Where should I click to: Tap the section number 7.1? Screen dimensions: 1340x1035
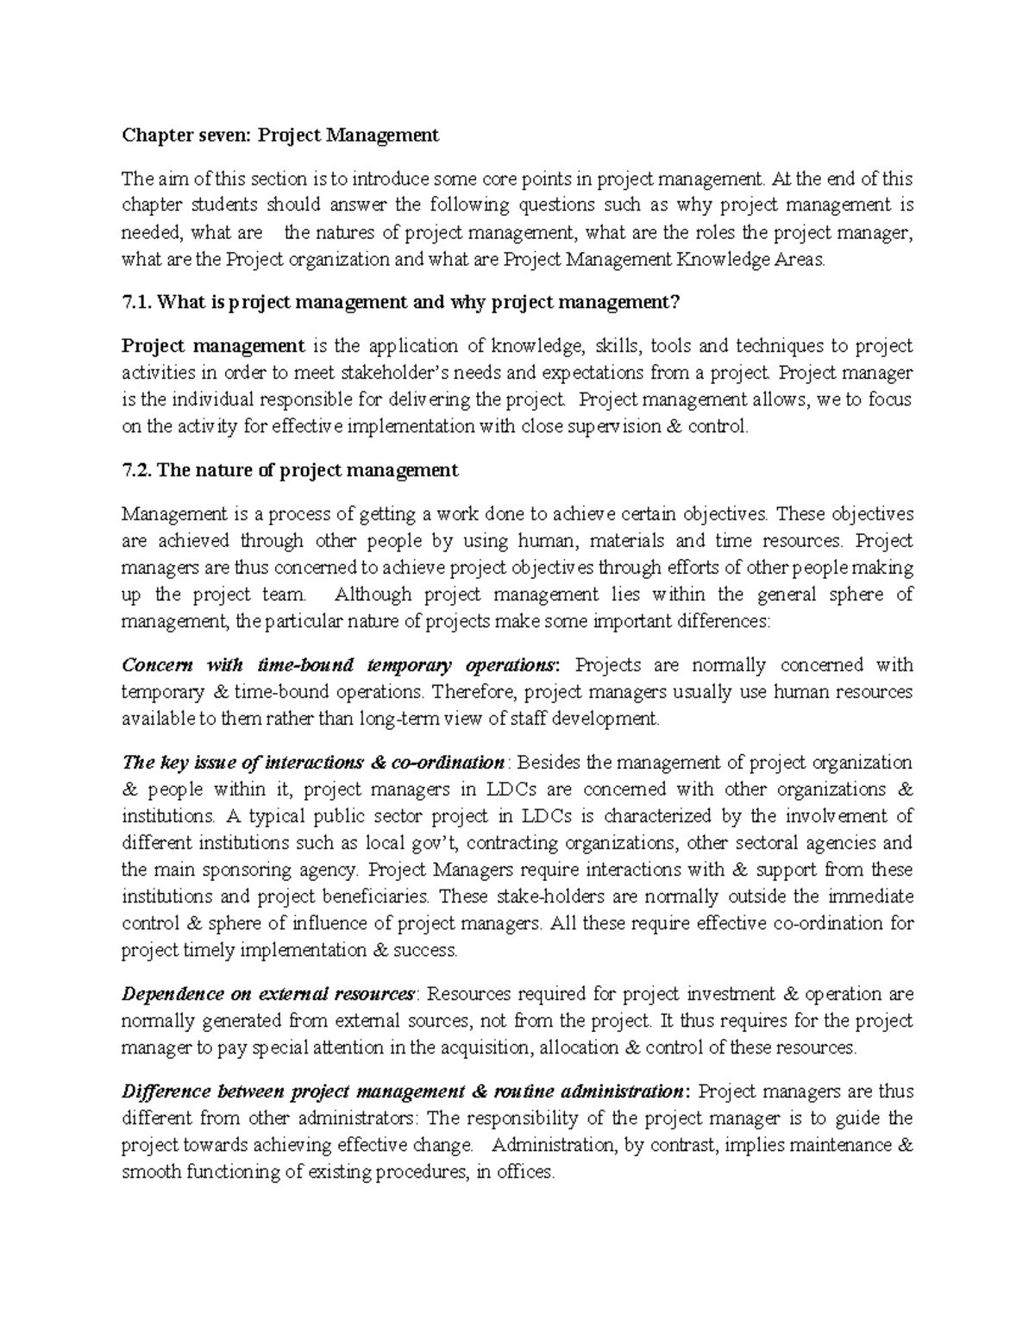(x=137, y=302)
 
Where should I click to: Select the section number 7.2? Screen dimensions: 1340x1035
(x=137, y=470)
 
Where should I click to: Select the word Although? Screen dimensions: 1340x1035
(x=373, y=595)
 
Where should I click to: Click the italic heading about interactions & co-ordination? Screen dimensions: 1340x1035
(x=314, y=763)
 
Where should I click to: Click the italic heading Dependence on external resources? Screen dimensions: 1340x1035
(x=268, y=994)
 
